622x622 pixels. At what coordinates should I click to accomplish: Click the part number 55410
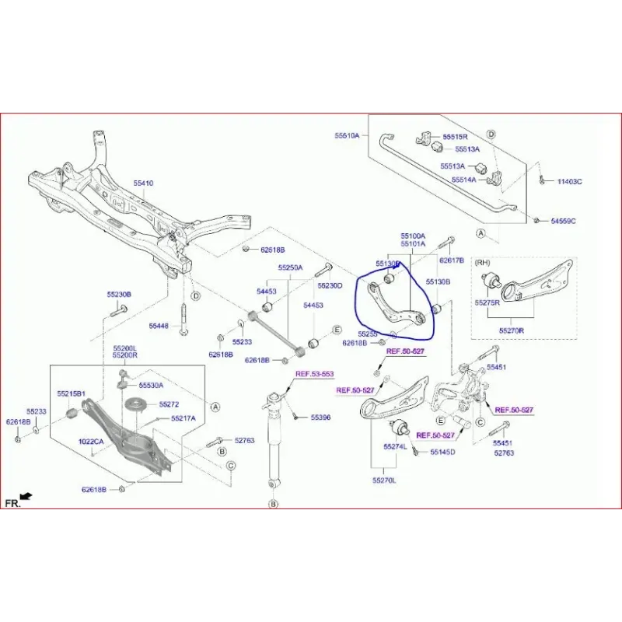[143, 183]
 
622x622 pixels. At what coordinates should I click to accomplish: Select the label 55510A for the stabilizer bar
[348, 135]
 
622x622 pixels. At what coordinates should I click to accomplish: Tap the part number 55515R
[455, 137]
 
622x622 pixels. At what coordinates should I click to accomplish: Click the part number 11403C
[569, 182]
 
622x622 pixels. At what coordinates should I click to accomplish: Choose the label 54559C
[563, 222]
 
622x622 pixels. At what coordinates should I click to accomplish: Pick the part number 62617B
[452, 261]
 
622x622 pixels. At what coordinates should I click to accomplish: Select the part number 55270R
[512, 330]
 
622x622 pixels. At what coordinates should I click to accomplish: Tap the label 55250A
[290, 268]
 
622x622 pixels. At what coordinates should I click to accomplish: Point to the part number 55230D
[330, 286]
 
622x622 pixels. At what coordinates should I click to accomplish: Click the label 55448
[159, 326]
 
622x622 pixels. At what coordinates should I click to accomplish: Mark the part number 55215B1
[71, 394]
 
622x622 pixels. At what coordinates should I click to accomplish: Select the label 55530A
[151, 386]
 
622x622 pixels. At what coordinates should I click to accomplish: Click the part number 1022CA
[90, 442]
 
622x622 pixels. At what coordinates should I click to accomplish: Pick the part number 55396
[320, 418]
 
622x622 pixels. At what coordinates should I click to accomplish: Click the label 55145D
[442, 452]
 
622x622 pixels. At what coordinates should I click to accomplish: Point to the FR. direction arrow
[25, 496]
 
